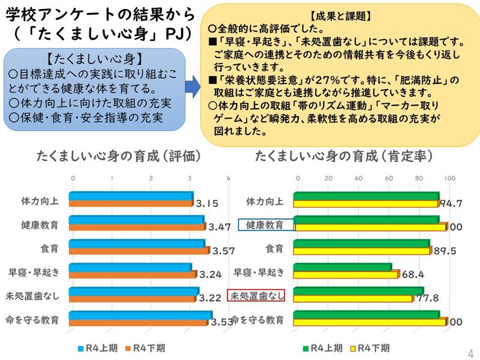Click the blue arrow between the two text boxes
(193, 86)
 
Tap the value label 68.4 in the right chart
(413, 275)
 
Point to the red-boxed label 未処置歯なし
(255, 295)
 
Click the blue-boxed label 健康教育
(266, 224)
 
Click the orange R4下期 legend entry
(144, 347)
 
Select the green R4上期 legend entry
(323, 347)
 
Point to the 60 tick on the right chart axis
(389, 178)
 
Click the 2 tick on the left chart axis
(151, 178)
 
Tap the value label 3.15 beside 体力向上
(206, 203)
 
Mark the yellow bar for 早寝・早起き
(346, 275)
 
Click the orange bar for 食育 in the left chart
(139, 251)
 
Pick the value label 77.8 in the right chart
(427, 298)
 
